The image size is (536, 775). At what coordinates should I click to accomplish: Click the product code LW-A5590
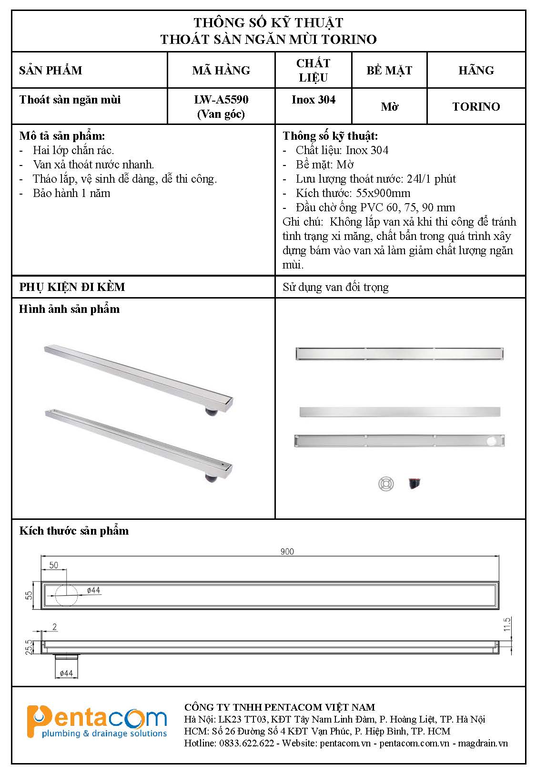click(221, 100)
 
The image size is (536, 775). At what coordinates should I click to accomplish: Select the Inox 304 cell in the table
click(313, 100)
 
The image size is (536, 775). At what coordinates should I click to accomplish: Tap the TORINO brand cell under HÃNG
click(475, 106)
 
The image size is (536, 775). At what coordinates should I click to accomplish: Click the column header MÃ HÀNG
click(221, 70)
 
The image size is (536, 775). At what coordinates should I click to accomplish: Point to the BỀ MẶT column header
click(389, 70)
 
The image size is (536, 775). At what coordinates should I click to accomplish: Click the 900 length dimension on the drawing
click(287, 551)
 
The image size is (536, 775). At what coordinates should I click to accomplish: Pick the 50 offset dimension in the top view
click(53, 565)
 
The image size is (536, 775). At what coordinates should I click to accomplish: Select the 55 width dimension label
click(29, 595)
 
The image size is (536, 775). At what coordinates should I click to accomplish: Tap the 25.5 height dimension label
click(29, 647)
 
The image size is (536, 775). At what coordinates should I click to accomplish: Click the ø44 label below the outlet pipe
click(66, 673)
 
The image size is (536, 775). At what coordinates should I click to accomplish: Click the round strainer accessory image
click(386, 484)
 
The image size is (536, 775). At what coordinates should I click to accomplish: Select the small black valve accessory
click(415, 484)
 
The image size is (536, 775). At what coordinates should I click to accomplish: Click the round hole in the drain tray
click(491, 441)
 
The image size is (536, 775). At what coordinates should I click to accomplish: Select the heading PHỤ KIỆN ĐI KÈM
click(72, 287)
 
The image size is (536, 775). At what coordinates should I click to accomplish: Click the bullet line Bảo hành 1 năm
click(71, 193)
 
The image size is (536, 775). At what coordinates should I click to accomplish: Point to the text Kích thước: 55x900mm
click(353, 193)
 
